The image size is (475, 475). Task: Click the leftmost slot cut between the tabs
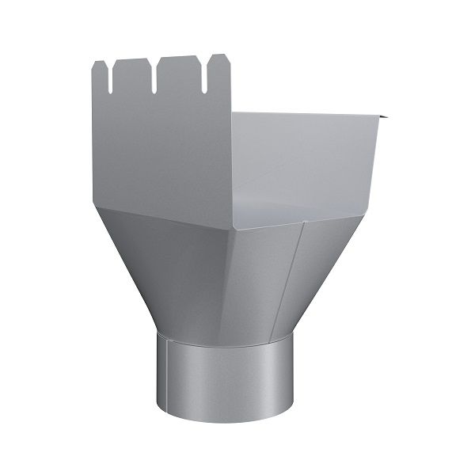click(111, 79)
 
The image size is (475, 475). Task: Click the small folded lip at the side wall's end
click(384, 118)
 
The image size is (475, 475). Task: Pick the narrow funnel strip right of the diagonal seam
click(325, 261)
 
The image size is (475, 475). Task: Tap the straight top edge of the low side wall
click(309, 116)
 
